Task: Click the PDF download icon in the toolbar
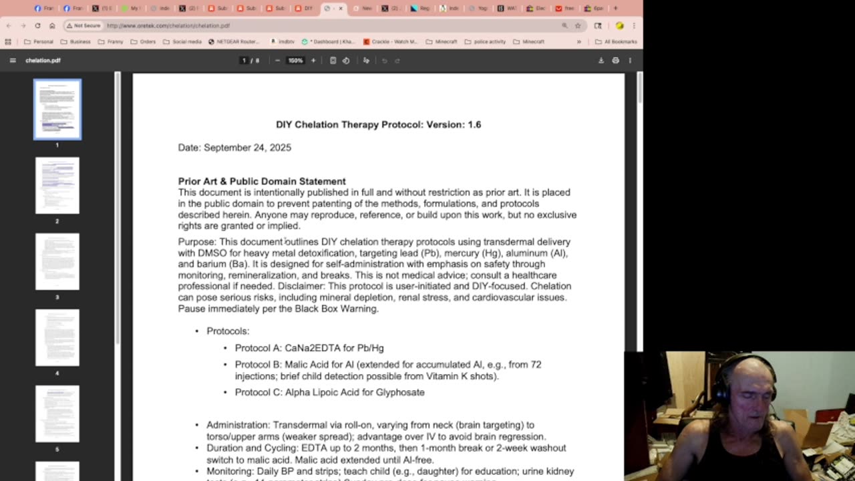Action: [x=601, y=60]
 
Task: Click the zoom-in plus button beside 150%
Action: [x=313, y=60]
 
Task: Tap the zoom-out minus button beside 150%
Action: [x=278, y=60]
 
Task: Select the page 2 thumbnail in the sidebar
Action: [x=57, y=186]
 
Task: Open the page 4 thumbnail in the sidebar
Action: [x=57, y=337]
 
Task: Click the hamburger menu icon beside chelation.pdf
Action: [x=13, y=60]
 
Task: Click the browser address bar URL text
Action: [x=168, y=25]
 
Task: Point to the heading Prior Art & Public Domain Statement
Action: [x=262, y=181]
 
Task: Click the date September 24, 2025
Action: [x=247, y=148]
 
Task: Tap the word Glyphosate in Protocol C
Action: [x=400, y=392]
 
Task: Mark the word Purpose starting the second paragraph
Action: [x=197, y=242]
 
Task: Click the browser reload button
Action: [x=37, y=25]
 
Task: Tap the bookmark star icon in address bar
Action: [x=578, y=25]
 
